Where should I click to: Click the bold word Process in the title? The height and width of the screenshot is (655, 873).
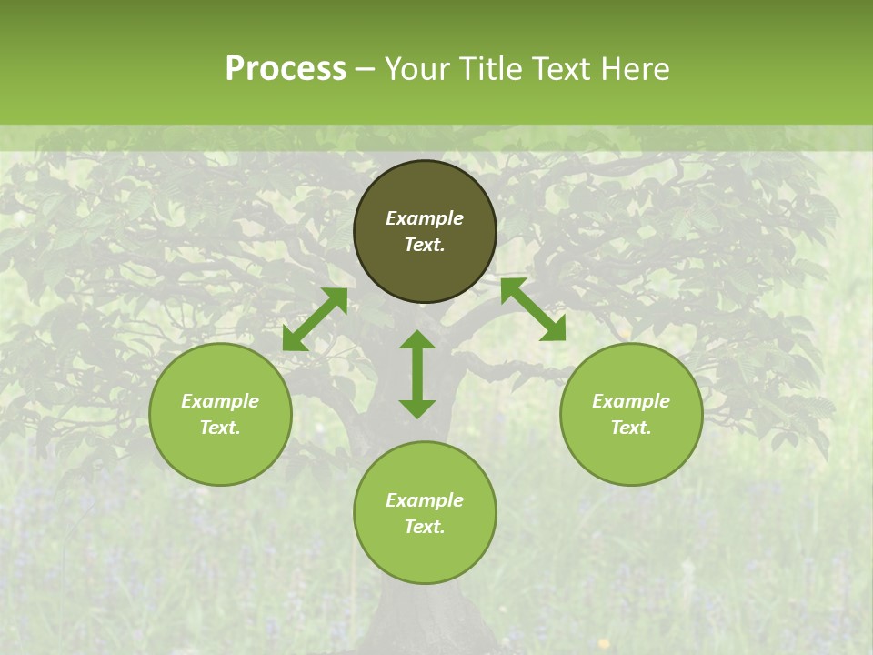click(286, 69)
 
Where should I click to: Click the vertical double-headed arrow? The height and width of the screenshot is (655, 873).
click(417, 374)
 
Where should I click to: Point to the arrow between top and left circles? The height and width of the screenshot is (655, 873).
click(315, 319)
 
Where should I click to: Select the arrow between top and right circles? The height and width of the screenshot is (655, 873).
click(533, 309)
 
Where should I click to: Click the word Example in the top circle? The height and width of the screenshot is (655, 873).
click(425, 218)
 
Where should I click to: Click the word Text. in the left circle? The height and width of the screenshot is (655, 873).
click(220, 428)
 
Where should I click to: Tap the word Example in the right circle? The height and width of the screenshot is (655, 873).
click(631, 401)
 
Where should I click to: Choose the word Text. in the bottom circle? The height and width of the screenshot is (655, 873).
click(425, 527)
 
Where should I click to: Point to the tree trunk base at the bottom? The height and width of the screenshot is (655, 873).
click(425, 628)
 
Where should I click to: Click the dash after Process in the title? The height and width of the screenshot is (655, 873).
click(365, 69)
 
